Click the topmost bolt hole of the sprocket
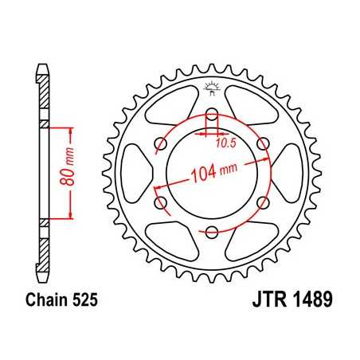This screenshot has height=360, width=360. pyautogui.click(x=212, y=112)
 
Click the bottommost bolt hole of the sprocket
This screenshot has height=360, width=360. pyautogui.click(x=212, y=233)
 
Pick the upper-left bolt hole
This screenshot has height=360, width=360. pyautogui.click(x=160, y=143)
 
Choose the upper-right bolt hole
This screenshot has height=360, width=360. pyautogui.click(x=264, y=143)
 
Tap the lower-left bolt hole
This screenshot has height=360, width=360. pyautogui.click(x=160, y=204)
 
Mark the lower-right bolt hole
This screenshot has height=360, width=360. pyautogui.click(x=264, y=204)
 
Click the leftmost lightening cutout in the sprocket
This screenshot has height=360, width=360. pyautogui.click(x=138, y=174)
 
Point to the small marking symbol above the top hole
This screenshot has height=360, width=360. pyautogui.click(x=212, y=86)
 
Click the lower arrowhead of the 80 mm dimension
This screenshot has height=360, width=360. pyautogui.click(x=73, y=217)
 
